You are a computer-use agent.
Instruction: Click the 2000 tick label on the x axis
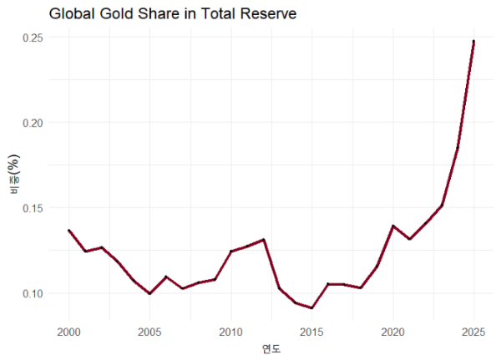pos(68,332)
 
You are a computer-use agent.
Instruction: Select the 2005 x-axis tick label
pos(149,332)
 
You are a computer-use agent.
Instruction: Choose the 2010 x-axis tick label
pos(230,332)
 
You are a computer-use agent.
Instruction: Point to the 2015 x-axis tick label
pos(311,332)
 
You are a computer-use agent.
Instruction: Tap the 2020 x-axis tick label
pos(392,332)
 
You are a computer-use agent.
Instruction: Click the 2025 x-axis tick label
pos(473,332)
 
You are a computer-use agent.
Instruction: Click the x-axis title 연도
pos(271,348)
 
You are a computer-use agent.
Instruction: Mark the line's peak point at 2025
pos(473,41)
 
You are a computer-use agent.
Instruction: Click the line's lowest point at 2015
pos(311,308)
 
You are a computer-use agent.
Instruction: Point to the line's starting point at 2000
pos(68,231)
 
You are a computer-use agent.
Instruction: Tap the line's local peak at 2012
pos(263,240)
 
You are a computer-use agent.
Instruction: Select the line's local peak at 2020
pos(392,226)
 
